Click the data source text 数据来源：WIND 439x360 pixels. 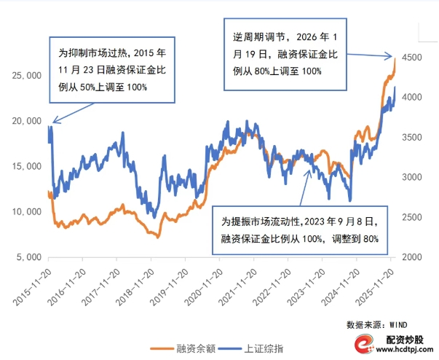coord(371,322)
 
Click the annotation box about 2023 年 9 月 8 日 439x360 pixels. coord(308,229)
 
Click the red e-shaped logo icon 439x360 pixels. coord(365,345)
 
